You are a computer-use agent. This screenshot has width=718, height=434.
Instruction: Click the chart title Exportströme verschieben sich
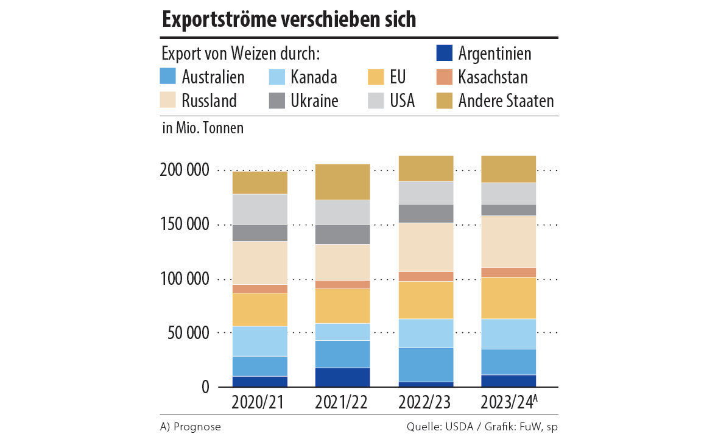pos(289,19)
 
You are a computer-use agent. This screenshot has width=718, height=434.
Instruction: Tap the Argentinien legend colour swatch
pos(445,53)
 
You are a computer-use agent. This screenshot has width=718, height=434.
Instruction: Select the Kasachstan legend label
pos(493,77)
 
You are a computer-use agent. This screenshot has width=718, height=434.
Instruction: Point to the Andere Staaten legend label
pos(505,100)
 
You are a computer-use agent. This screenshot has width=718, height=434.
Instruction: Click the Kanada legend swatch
pos(277,77)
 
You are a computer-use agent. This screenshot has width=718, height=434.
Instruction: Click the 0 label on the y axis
pos(205,387)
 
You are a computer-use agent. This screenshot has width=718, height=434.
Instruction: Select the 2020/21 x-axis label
pos(259,403)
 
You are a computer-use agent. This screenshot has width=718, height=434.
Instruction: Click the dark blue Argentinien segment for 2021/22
pos(342,377)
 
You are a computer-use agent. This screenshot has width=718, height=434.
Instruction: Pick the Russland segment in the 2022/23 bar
pos(425,247)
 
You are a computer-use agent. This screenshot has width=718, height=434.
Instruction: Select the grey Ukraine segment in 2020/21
pos(259,233)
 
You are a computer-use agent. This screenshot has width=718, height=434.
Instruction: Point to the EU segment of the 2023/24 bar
pos(508,298)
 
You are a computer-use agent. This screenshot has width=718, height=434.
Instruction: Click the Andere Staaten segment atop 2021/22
pos(342,182)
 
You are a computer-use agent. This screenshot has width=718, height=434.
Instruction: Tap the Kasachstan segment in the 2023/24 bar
pos(508,272)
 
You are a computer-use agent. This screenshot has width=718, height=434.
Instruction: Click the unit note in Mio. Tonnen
pos(203,128)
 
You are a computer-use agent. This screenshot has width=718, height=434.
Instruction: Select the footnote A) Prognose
pos(191,427)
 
